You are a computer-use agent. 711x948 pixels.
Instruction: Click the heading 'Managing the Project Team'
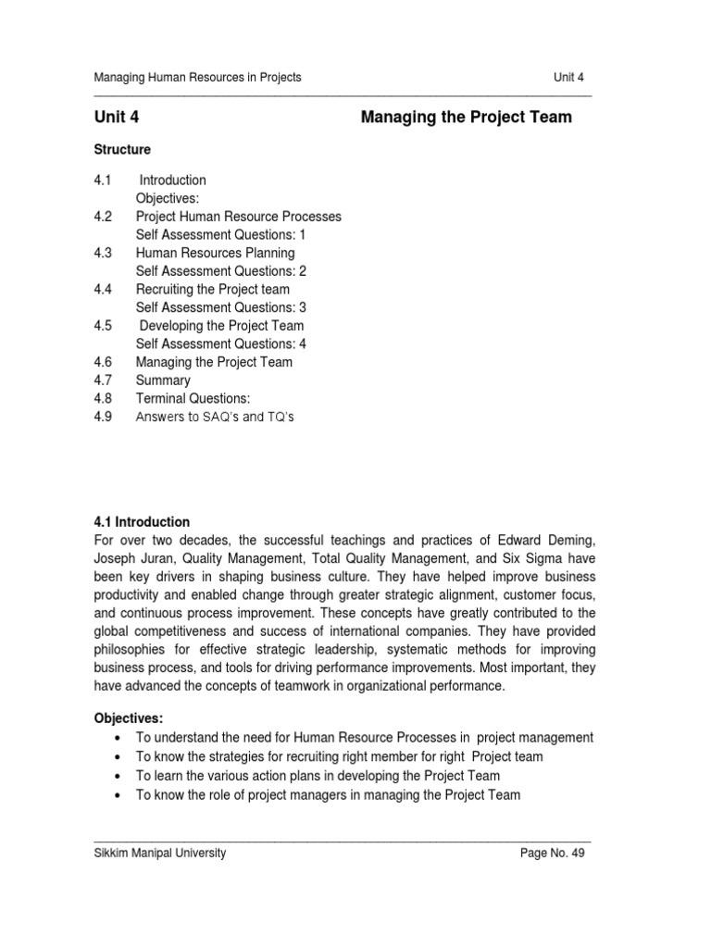coord(466,118)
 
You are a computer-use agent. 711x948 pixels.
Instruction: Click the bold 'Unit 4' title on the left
coord(117,118)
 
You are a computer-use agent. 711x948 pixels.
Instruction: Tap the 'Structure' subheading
coord(122,149)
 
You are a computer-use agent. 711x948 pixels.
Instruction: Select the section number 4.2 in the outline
coord(103,217)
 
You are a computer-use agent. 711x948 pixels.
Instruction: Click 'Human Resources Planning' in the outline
coord(215,253)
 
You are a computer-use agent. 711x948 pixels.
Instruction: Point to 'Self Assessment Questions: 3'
coord(221,307)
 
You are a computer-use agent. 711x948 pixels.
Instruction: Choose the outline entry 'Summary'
coord(163,380)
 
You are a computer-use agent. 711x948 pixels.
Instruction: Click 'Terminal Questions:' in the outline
coord(193,399)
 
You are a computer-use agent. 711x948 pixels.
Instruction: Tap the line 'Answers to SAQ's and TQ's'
coord(215,418)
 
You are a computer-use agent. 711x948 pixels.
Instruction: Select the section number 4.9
coord(103,418)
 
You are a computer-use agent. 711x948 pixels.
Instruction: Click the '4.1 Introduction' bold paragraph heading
coord(142,522)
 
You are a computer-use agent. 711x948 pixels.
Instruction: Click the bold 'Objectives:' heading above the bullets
coord(129,718)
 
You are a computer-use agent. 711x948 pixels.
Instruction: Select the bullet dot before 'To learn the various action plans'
coord(116,776)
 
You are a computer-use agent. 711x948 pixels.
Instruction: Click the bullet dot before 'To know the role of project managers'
coord(116,794)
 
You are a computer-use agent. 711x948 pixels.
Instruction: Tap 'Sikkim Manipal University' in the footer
coord(160,854)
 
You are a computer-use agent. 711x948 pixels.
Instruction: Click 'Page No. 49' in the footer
coord(554,854)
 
